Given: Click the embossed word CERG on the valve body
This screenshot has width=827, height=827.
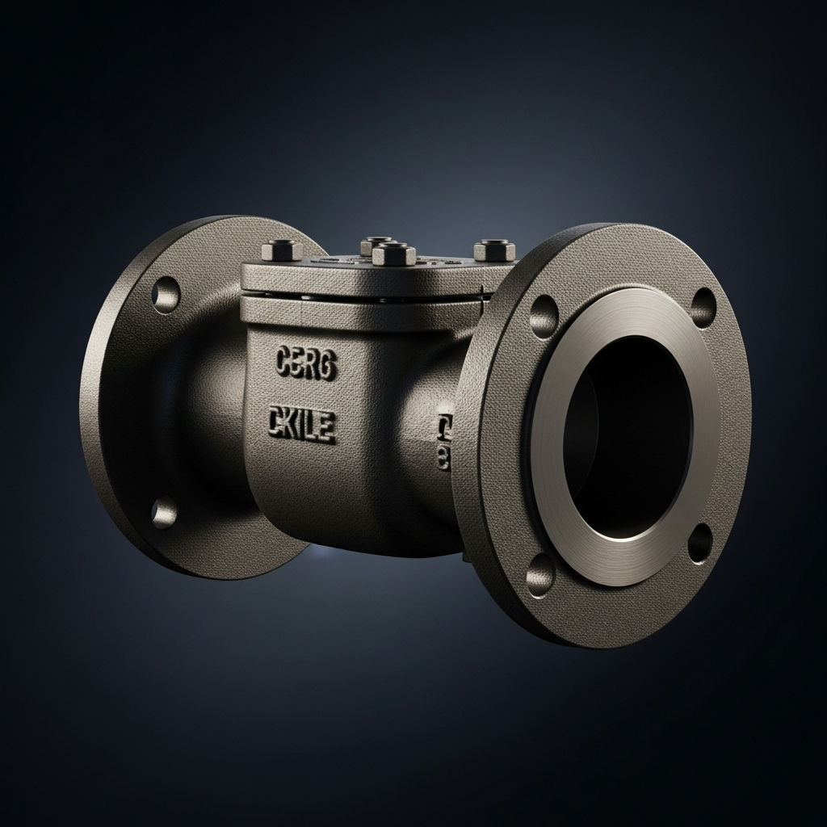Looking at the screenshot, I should [306, 363].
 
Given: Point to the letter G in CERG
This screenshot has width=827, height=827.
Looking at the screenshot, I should [327, 363].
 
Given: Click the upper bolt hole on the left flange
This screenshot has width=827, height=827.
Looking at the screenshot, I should [166, 295].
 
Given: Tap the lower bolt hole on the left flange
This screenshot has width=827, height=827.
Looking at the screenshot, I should [164, 511].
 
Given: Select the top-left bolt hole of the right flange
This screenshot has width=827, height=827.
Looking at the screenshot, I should [544, 316].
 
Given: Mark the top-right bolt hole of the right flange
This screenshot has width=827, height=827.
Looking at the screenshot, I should [703, 308].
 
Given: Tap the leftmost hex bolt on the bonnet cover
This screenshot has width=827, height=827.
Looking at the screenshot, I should [282, 250].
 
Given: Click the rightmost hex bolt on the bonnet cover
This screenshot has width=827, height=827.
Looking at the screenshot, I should [494, 250].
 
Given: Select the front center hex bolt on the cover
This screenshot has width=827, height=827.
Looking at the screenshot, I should [393, 255].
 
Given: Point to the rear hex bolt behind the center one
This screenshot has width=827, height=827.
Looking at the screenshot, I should [376, 243].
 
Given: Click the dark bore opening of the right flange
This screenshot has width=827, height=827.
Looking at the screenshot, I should [626, 437].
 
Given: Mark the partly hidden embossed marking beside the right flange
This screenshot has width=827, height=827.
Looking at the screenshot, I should [443, 437].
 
